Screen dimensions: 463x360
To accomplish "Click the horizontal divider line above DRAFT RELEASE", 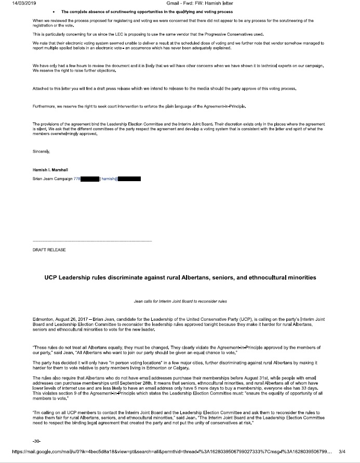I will tap(92, 241).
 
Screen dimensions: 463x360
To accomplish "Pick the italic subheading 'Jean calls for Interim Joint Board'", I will tap(180, 301).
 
